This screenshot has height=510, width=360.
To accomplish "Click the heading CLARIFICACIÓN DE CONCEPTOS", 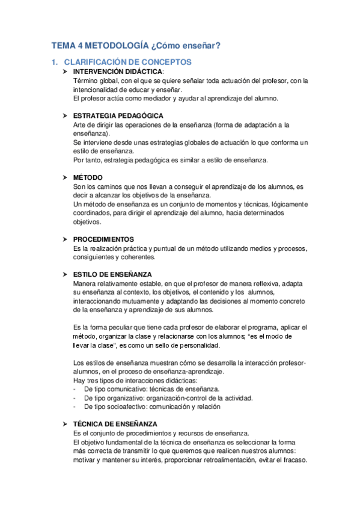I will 127,62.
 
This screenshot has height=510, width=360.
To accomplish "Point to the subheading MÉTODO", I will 88,177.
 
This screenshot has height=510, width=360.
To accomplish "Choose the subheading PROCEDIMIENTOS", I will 103,239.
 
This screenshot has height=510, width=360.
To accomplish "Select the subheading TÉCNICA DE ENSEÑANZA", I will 115,423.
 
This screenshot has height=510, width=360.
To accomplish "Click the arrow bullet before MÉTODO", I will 66,177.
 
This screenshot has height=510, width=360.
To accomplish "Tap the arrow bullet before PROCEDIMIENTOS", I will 66,239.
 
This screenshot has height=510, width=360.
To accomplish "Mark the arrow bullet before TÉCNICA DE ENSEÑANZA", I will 66,423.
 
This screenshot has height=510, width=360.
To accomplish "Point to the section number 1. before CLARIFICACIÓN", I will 55,62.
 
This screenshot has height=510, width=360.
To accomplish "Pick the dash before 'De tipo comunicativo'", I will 74,389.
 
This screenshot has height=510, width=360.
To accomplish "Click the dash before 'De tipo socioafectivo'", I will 74,406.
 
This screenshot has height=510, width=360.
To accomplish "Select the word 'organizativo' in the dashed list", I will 126,398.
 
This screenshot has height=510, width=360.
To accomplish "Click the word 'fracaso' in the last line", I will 293,461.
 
